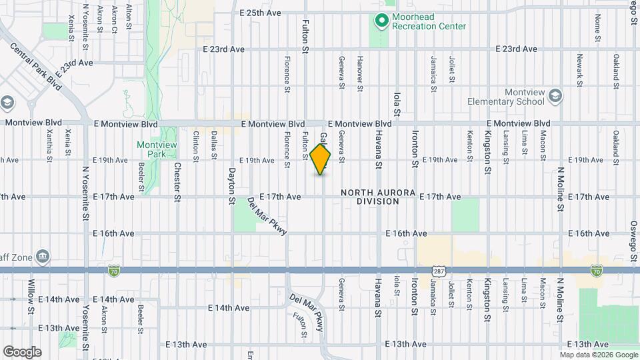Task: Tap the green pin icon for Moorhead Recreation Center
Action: click(x=381, y=21)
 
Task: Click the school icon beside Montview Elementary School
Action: click(x=555, y=97)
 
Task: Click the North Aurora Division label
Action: click(x=377, y=197)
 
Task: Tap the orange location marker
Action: click(x=321, y=159)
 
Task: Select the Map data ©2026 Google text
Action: click(x=598, y=355)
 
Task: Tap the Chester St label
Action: click(x=177, y=182)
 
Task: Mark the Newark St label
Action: click(x=578, y=70)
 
